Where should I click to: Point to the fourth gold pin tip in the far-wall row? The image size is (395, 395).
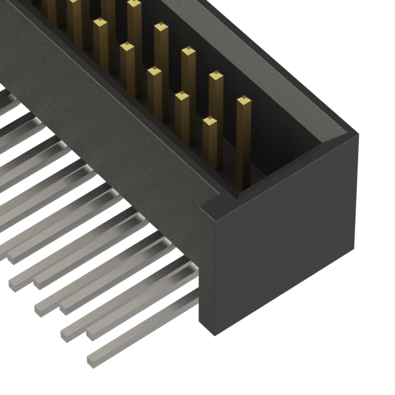(x=161, y=28)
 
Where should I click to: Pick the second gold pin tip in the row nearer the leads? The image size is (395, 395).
(x=182, y=96)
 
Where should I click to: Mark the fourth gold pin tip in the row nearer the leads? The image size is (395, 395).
(x=127, y=47)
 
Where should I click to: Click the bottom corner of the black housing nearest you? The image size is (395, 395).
(x=214, y=333)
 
